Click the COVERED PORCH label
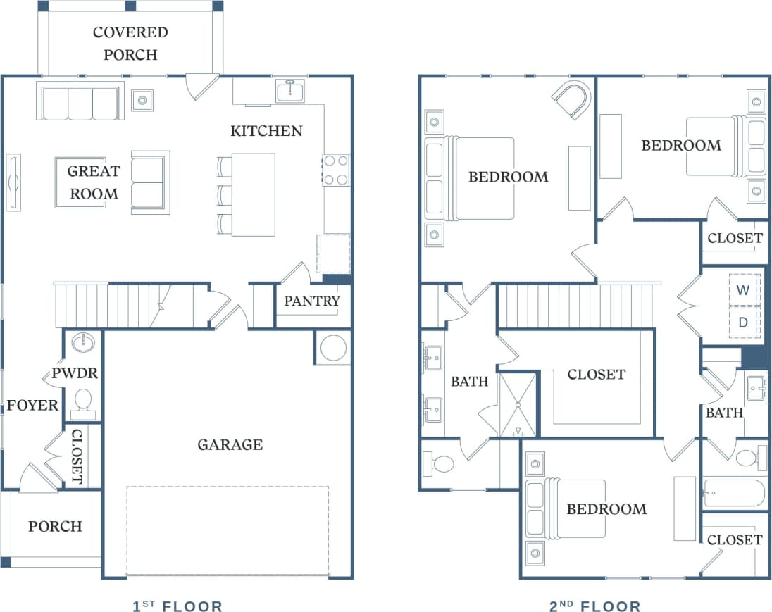130,43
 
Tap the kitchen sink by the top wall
290,92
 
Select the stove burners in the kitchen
336,170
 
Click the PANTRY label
312,301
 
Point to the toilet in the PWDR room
84,400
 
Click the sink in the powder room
84,343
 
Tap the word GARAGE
230,444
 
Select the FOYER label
32,406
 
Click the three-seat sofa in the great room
80,102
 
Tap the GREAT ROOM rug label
94,182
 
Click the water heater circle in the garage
333,348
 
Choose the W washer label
743,289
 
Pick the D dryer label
743,323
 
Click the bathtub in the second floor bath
735,494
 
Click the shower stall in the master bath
518,405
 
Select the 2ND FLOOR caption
595,606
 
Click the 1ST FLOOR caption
178,606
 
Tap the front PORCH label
55,526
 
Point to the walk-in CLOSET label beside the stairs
596,374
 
